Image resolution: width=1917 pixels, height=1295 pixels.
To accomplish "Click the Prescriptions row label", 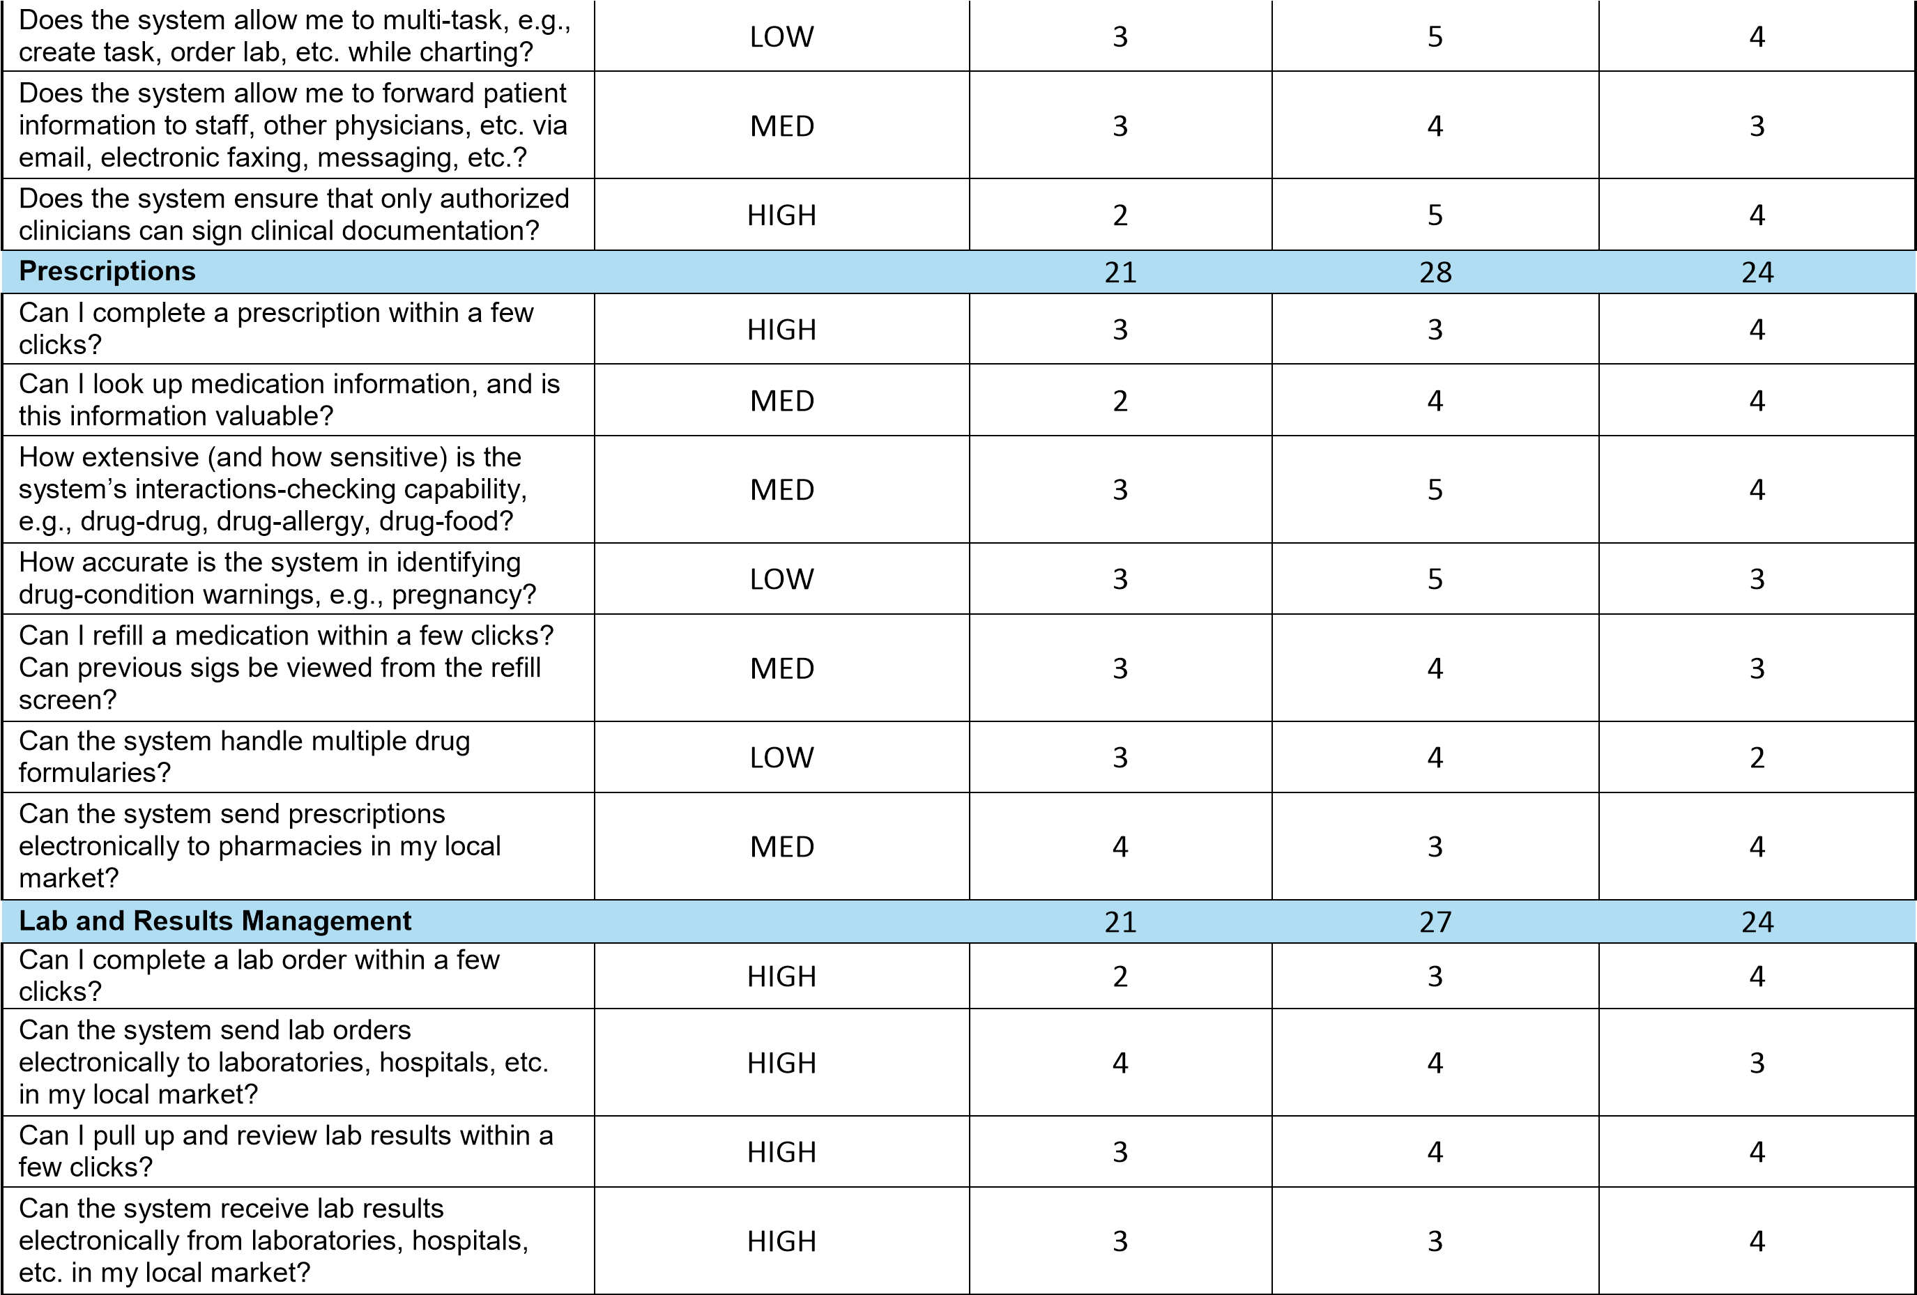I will pyautogui.click(x=107, y=271).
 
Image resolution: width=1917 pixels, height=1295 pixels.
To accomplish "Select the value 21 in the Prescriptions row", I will pyautogui.click(x=1120, y=273).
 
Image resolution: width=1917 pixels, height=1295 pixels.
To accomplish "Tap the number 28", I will pyautogui.click(x=1435, y=273).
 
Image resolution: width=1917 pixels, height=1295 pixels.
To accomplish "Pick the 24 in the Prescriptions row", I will pyautogui.click(x=1757, y=273).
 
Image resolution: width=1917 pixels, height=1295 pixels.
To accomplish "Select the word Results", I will pyautogui.click(x=183, y=921).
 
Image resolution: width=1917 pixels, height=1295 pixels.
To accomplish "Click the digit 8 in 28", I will pyautogui.click(x=1444, y=273).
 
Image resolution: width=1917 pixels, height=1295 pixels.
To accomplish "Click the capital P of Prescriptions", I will pyautogui.click(x=27, y=271).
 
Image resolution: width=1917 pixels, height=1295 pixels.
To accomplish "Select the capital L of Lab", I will pyautogui.click(x=26, y=921).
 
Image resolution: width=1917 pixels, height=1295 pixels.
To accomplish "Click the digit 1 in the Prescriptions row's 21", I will pyautogui.click(x=1129, y=273).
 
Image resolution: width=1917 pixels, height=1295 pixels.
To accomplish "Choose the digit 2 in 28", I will pyautogui.click(x=1427, y=273).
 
